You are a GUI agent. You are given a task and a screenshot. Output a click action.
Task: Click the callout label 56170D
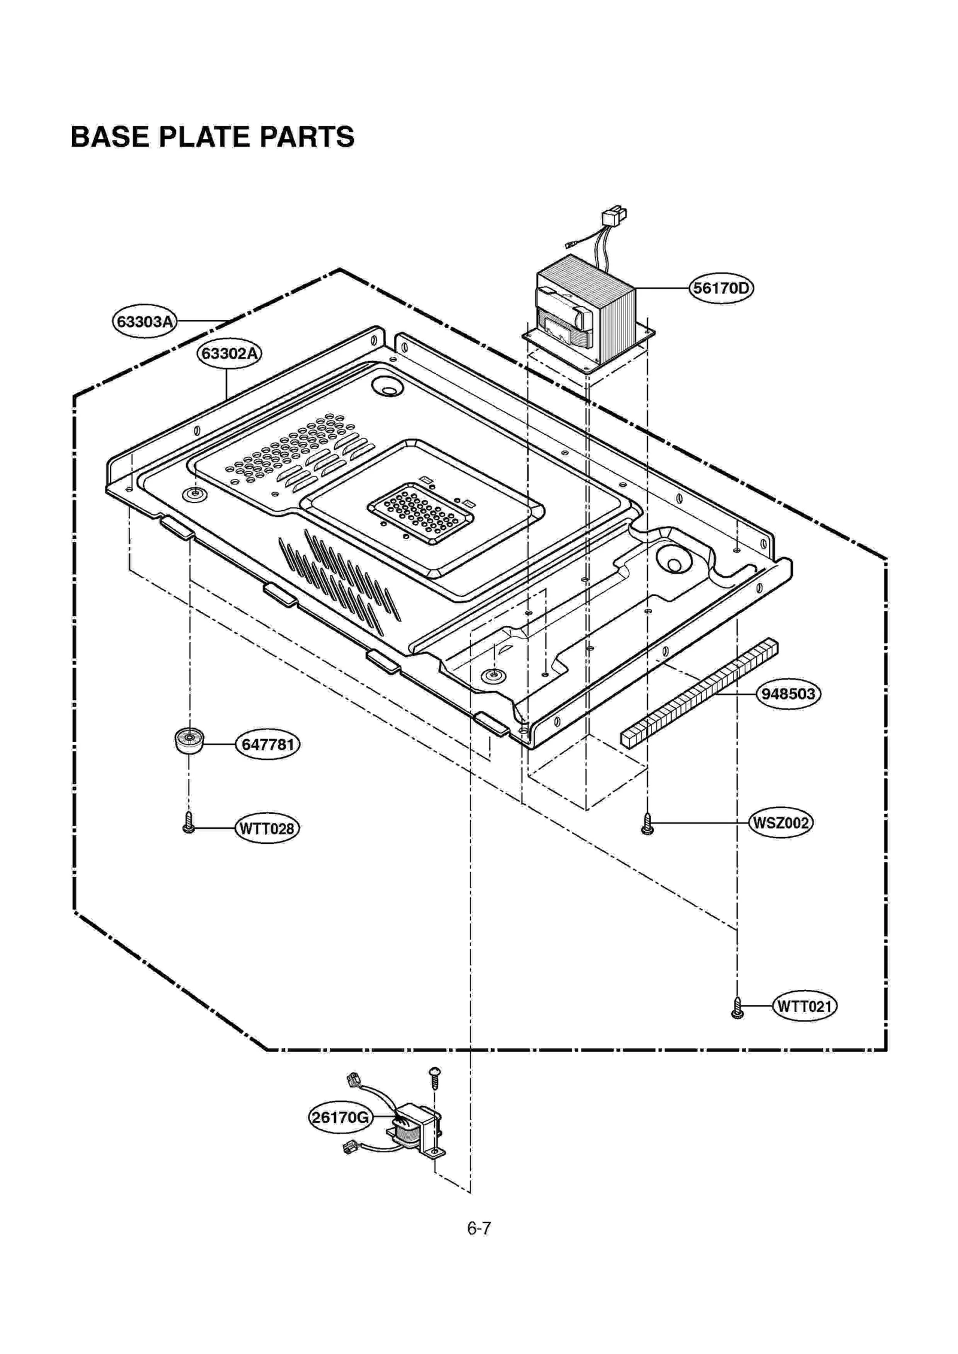(x=720, y=289)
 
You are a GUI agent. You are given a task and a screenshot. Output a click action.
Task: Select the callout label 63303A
(x=144, y=322)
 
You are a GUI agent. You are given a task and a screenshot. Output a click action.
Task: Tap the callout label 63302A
(x=229, y=354)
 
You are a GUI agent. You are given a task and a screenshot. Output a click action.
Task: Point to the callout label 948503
(x=788, y=694)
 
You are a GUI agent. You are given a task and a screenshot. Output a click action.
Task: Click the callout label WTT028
(x=266, y=829)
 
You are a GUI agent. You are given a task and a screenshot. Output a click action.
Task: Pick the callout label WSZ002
(x=781, y=823)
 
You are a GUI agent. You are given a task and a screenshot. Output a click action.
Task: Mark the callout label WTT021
(x=804, y=1006)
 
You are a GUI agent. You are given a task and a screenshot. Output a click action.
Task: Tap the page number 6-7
(x=479, y=1228)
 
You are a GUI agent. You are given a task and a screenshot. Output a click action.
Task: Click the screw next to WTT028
(x=189, y=823)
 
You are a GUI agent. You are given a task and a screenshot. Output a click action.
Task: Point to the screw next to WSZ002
(x=647, y=823)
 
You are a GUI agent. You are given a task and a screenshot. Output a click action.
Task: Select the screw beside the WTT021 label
(x=738, y=1008)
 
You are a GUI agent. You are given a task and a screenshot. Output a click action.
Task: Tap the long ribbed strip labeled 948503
(x=699, y=693)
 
